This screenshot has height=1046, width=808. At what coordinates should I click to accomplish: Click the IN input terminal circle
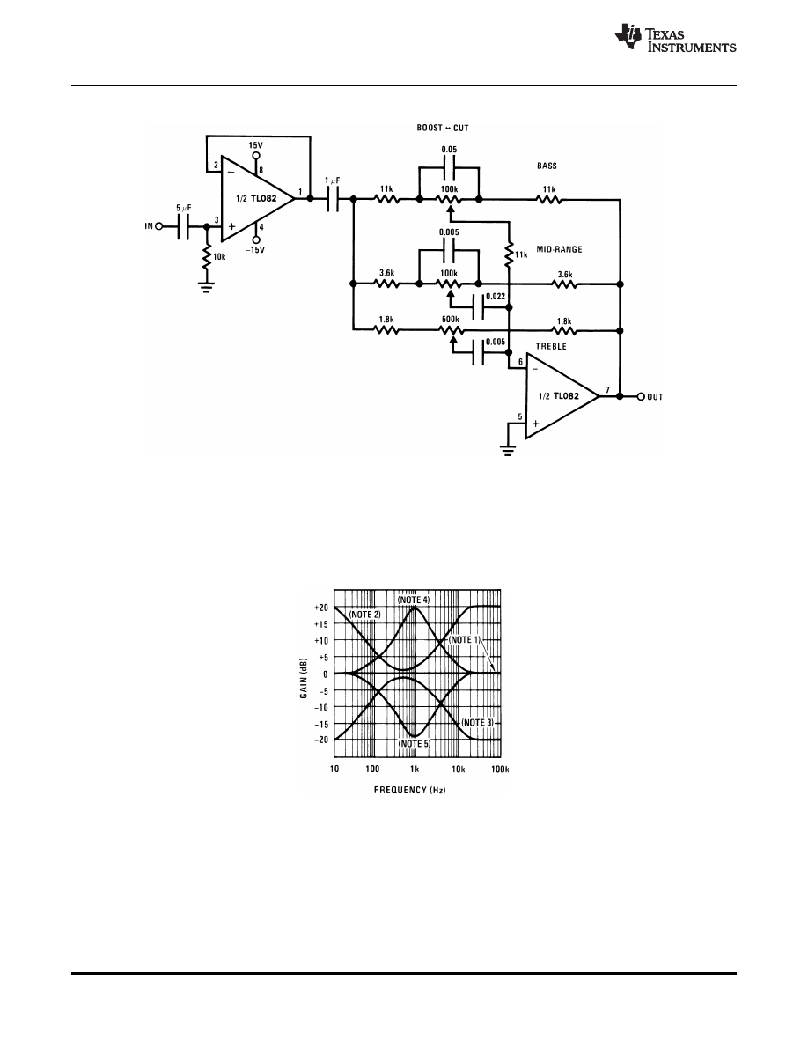tap(160, 226)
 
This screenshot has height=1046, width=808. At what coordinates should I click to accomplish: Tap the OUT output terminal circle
tap(640, 396)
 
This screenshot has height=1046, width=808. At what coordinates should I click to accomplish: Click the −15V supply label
tap(255, 249)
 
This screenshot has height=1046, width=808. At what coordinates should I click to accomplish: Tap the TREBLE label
tap(551, 347)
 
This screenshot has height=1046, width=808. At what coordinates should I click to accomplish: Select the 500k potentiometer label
tap(449, 320)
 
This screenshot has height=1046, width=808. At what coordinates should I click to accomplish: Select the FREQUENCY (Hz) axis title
tap(409, 790)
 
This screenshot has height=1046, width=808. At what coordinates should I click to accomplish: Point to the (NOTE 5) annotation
tap(414, 744)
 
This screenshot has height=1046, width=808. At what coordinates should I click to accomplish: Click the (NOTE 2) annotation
tap(364, 614)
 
